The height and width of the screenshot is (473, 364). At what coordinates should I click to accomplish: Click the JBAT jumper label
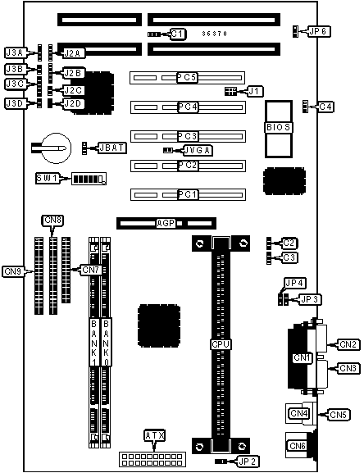coord(112,148)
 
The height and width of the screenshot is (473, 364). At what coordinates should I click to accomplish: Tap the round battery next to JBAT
coord(56,148)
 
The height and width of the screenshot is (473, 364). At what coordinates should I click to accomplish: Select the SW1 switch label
coord(48,178)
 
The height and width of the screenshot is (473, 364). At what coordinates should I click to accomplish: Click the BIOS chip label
coord(279,127)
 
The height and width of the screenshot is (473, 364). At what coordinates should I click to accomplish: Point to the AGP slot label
coord(166,223)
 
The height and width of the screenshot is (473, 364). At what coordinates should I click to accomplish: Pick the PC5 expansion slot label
coord(187,78)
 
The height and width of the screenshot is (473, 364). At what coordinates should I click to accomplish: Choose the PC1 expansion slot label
coord(188,194)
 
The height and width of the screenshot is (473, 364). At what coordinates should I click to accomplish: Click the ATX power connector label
coord(155,435)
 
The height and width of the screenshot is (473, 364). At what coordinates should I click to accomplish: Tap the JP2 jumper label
coord(247,462)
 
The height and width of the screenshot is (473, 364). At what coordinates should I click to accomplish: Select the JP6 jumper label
coord(319,31)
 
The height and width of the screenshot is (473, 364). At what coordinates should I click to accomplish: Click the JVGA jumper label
coord(198,150)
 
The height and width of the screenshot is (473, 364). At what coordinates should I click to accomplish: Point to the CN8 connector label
coord(52,221)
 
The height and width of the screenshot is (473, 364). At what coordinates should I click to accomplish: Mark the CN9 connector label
coord(13,271)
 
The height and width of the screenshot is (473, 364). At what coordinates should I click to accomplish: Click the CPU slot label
coord(221,344)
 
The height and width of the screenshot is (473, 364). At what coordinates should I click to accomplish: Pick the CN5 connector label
coord(338,415)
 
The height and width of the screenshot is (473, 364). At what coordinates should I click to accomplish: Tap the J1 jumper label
coord(255,91)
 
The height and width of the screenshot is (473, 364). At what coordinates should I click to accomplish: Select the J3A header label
coord(15,52)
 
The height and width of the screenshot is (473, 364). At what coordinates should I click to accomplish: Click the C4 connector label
coord(325,107)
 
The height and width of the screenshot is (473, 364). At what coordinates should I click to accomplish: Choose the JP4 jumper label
coord(294,283)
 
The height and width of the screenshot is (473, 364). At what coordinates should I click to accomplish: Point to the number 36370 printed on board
coord(215,34)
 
